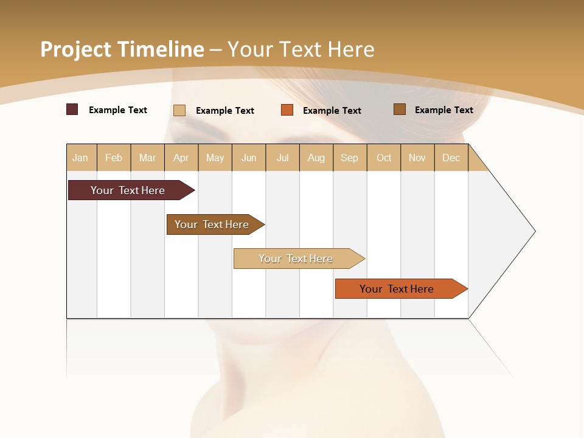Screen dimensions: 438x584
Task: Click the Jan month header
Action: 81,158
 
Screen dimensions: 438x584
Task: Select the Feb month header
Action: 114,158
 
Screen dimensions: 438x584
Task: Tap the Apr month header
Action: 181,158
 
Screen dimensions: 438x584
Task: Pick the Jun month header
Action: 249,158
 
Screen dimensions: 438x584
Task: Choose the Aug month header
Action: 316,158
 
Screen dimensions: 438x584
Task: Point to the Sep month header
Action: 350,158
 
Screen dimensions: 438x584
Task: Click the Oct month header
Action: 384,158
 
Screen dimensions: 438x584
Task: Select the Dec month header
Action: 451,158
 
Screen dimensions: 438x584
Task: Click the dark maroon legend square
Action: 72,109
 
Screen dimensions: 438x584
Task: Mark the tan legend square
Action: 179,110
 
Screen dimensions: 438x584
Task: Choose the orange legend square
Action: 287,110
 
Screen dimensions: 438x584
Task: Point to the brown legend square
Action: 400,109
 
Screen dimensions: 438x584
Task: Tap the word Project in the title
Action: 76,49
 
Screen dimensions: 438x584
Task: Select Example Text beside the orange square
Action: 332,111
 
